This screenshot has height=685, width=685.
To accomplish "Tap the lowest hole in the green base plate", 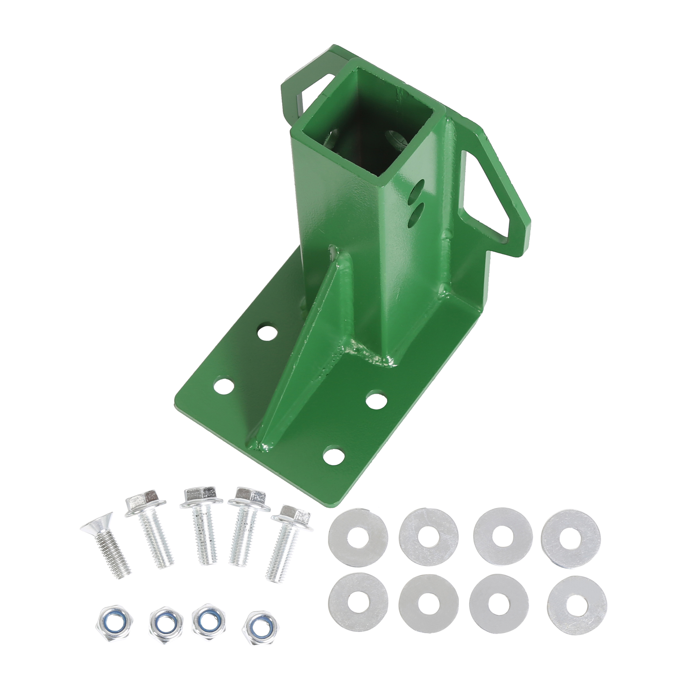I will [335, 455].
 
